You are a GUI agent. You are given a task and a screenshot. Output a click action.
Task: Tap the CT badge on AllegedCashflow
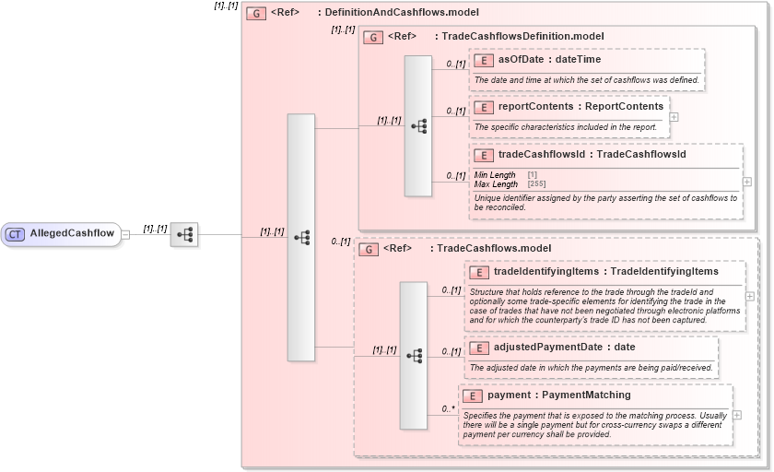pos(15,234)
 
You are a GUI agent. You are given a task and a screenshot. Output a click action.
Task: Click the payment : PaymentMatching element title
pos(558,395)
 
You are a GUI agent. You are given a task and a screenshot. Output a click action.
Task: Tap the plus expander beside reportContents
pos(674,117)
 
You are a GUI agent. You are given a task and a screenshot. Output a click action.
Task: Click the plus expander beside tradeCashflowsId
pos(746,182)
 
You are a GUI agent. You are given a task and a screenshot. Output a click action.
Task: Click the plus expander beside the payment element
pos(736,415)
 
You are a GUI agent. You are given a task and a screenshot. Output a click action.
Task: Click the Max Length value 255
pos(536,184)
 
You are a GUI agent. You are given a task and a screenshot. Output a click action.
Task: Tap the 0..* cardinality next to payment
pos(449,408)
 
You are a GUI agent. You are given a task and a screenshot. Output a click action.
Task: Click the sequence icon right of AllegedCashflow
pos(184,234)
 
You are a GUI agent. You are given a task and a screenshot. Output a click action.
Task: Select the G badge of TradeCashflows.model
pos(369,249)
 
